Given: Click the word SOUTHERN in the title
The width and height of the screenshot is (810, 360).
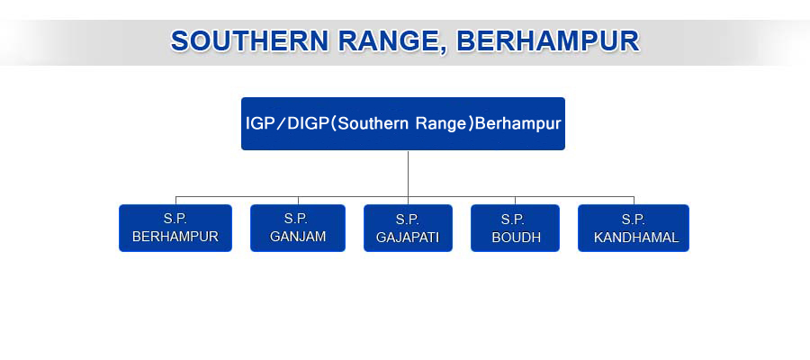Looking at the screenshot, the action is (x=249, y=41).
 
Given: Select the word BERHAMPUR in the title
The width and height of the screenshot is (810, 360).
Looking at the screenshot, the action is (x=548, y=41).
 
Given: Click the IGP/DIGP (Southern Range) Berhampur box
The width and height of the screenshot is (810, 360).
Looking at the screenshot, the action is (x=403, y=124).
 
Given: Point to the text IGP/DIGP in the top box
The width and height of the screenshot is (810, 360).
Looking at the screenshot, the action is (x=286, y=124).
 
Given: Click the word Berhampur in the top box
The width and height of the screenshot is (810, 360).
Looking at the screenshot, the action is (x=517, y=125).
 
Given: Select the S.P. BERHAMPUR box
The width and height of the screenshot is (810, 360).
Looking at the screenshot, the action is (x=175, y=229).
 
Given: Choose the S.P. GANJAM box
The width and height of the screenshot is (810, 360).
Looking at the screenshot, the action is (x=298, y=229).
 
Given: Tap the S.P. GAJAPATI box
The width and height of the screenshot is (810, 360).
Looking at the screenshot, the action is (x=408, y=229).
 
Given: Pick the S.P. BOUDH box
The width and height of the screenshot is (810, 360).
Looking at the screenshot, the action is (x=515, y=229).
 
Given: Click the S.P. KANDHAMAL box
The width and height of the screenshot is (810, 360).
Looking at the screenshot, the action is (x=634, y=229).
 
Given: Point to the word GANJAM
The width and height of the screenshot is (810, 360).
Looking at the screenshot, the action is (x=298, y=237).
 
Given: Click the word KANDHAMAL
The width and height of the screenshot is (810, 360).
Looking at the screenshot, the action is (x=636, y=237).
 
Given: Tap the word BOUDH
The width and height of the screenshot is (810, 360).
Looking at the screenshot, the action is (x=516, y=237).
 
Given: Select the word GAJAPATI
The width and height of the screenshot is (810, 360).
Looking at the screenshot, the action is (x=408, y=237).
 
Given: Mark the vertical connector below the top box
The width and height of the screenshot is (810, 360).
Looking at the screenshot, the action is (x=408, y=174).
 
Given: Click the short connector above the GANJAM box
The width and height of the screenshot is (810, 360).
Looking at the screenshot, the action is (x=298, y=201).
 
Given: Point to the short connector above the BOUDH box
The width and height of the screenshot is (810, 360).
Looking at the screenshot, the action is (x=515, y=201).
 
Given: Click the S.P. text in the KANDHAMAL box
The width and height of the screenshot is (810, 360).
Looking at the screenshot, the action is (x=634, y=219).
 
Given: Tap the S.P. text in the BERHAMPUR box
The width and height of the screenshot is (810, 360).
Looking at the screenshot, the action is (x=175, y=219).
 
